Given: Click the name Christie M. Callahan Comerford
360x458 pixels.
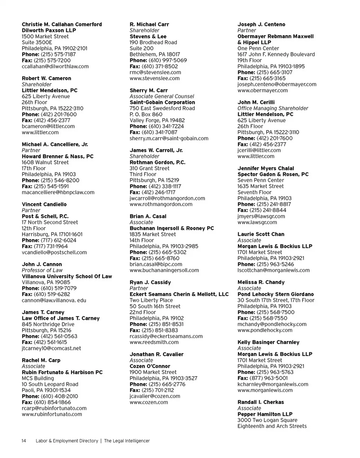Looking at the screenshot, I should (x=62, y=24).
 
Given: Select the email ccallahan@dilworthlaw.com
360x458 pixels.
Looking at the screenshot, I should (x=55, y=66).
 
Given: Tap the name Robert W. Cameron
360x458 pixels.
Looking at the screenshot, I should (x=46, y=78).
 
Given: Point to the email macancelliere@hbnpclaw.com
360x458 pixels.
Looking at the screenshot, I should (x=58, y=192).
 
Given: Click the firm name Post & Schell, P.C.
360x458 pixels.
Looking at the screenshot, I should (x=45, y=216).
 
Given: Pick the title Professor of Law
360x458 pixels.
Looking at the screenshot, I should (x=43, y=270).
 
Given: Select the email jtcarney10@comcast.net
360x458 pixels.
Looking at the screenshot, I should (x=51, y=348).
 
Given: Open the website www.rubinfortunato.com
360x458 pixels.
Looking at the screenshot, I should (x=52, y=414).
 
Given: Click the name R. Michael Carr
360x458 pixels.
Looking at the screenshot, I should (x=149, y=24).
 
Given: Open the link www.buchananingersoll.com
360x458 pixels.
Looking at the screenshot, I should (x=164, y=270).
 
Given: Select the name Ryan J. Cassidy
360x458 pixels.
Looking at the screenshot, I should (x=150, y=282).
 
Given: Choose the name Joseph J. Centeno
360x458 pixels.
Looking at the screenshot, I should (x=261, y=24).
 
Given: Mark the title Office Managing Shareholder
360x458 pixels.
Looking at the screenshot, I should (x=273, y=108).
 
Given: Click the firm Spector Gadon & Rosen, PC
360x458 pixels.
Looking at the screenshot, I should (x=273, y=174).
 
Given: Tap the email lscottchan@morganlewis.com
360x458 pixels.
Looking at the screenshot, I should (x=274, y=270).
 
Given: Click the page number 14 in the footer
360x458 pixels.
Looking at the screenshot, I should (x=24, y=441).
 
